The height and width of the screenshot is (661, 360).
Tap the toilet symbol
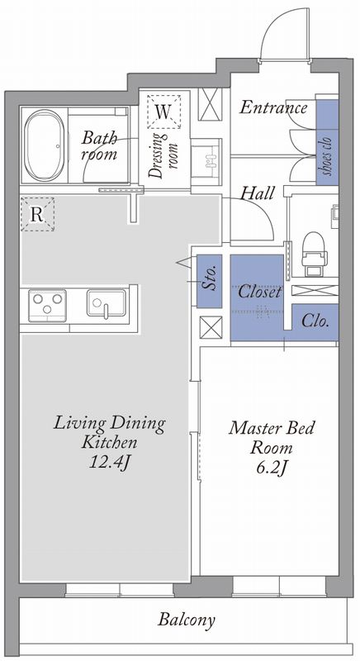coord(314,254)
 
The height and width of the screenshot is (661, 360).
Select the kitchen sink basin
coord(107,303)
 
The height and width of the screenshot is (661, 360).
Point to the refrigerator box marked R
coord(37,214)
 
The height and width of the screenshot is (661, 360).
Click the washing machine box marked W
coord(163,112)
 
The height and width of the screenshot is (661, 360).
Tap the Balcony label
coord(187,621)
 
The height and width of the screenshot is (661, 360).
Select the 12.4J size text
coord(109,463)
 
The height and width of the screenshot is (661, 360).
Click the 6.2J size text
coord(272,467)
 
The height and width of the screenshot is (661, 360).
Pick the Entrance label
coord(273,108)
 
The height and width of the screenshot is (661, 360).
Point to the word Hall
coord(258,193)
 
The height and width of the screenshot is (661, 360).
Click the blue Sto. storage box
coord(209,281)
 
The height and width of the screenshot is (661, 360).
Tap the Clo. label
coord(315,321)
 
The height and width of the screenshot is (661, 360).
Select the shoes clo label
coord(328,155)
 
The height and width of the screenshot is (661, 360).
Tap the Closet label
coord(259,292)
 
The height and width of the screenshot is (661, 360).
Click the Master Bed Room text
coord(272,438)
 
